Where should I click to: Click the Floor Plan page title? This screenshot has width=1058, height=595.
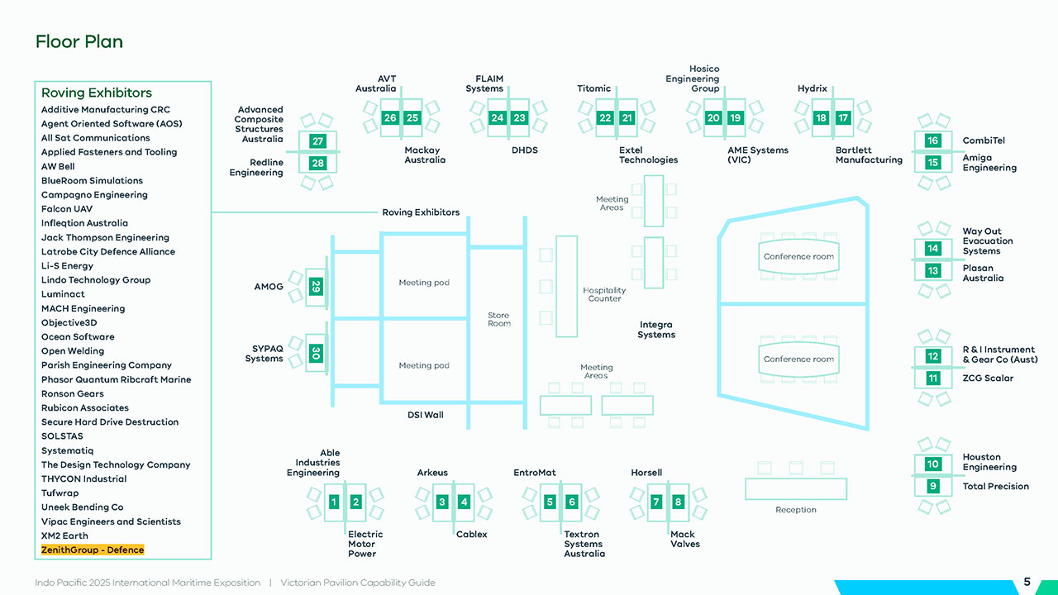(79, 41)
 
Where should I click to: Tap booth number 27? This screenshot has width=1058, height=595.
(317, 141)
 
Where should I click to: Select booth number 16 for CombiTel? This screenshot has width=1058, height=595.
(932, 140)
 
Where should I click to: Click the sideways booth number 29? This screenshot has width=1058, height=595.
(316, 287)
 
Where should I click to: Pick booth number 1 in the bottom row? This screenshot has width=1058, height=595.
(334, 502)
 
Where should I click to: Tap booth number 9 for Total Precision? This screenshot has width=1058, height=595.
(932, 486)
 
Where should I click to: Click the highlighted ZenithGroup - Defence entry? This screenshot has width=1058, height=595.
(93, 550)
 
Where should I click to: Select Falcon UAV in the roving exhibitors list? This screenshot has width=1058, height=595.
(67, 209)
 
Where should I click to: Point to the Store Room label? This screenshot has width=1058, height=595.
(498, 319)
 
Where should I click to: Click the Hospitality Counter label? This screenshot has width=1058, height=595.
(604, 294)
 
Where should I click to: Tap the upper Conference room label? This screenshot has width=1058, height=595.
(798, 256)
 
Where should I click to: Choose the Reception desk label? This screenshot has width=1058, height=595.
(795, 510)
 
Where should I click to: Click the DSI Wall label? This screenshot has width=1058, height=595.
(425, 415)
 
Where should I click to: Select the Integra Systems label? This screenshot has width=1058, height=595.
(656, 330)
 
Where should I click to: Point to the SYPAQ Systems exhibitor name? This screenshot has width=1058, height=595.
(264, 354)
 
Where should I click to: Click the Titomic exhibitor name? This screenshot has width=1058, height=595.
(593, 88)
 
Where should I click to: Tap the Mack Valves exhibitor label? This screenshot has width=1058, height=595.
(684, 539)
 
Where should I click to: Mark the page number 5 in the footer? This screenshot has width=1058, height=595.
(1027, 582)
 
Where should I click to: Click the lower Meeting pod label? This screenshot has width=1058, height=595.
(424, 365)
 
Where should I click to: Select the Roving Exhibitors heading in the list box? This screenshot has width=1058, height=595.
(97, 93)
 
